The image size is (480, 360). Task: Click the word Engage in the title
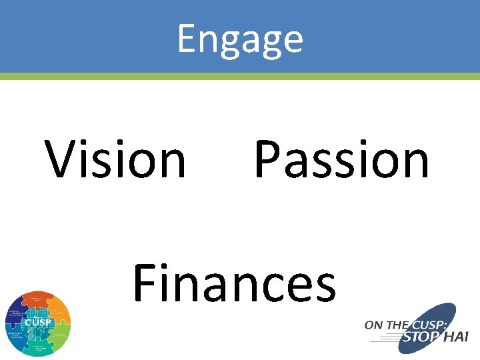pyautogui.click(x=240, y=39)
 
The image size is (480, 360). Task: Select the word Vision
pyautogui.click(x=116, y=160)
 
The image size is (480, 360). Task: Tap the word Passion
pyautogui.click(x=341, y=160)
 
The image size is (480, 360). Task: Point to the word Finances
pyautogui.click(x=234, y=283)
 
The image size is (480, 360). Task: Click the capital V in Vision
pyautogui.click(x=62, y=160)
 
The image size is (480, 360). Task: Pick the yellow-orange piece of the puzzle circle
pyautogui.click(x=59, y=311)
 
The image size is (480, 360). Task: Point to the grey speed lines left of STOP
pyautogui.click(x=383, y=338)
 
